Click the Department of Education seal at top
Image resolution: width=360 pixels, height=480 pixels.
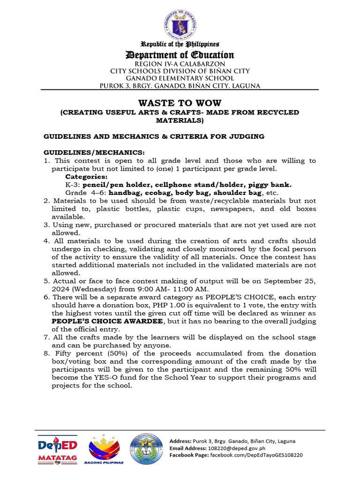[x=180, y=22]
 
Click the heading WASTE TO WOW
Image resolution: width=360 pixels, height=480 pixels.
[x=180, y=103]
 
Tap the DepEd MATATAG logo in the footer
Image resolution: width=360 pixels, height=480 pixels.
[x=58, y=450]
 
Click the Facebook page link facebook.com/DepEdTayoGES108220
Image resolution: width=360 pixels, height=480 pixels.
[x=256, y=455]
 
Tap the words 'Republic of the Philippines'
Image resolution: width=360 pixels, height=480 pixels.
[x=180, y=45]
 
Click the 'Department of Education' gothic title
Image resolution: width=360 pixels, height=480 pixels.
[x=180, y=55]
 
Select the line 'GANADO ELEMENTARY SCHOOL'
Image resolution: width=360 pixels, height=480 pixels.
[x=180, y=78]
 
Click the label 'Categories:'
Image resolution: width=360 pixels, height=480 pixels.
[x=86, y=177]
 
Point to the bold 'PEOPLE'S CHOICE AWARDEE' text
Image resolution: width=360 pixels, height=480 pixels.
[x=108, y=321]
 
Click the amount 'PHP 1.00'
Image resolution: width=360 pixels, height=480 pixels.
[x=159, y=305]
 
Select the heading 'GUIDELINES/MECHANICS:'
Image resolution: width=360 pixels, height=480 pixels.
[x=94, y=153]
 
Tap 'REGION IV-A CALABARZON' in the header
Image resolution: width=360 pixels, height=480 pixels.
[x=180, y=64]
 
